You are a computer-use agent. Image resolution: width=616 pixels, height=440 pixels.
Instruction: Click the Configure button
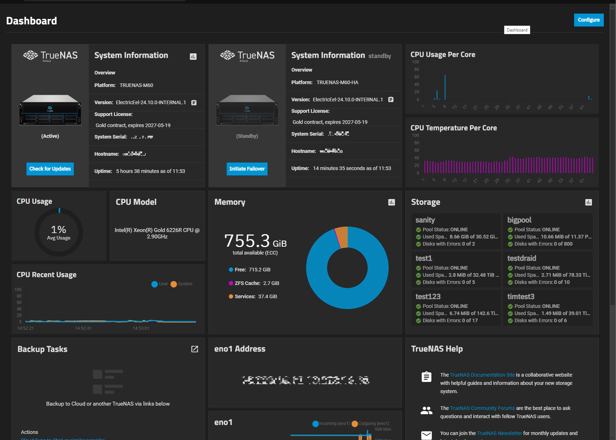tap(588, 20)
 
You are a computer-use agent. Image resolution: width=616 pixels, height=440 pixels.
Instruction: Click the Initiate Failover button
tap(247, 169)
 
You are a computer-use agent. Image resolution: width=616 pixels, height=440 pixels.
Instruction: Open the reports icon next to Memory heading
tap(391, 202)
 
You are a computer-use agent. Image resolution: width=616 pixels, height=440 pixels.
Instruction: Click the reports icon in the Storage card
tap(588, 202)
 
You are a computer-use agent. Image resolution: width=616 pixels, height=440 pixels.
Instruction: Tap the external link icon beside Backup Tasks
tap(194, 349)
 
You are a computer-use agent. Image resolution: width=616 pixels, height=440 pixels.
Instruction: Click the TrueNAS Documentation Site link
tap(482, 375)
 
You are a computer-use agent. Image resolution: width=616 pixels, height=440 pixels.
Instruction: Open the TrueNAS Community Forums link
tap(482, 408)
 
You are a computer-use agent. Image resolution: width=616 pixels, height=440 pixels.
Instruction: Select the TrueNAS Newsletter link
tap(499, 433)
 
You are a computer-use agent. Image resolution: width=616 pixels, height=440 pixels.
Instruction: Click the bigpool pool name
tap(519, 220)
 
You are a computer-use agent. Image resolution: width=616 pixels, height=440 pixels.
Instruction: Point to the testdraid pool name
tap(521, 258)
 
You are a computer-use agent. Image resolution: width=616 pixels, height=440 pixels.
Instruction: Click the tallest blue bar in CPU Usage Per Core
tap(445, 88)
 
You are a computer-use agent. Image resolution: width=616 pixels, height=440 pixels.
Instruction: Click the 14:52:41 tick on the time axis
tap(83, 328)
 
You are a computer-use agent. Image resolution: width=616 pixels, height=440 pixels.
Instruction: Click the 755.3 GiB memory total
tap(255, 241)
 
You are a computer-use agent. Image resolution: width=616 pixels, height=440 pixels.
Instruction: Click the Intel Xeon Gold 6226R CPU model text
tap(157, 233)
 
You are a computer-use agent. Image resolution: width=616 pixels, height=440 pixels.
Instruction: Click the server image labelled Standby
tap(247, 110)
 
